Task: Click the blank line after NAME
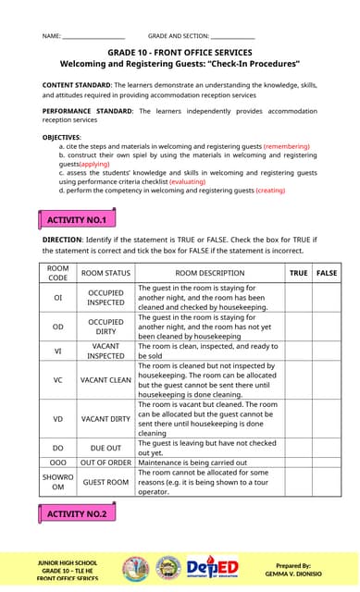pyautogui.click(x=93, y=36)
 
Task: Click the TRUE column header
pyautogui.click(x=298, y=273)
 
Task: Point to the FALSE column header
pyautogui.click(x=327, y=273)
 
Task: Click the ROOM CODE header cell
pyautogui.click(x=57, y=273)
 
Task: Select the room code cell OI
pyautogui.click(x=57, y=298)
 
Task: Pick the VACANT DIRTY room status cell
pyautogui.click(x=106, y=419)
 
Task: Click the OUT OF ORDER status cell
pyautogui.click(x=106, y=462)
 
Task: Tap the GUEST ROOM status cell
pyautogui.click(x=106, y=482)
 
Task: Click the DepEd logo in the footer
pyautogui.click(x=214, y=567)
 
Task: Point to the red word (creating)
pyautogui.click(x=270, y=190)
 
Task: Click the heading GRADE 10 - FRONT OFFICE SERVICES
pyautogui.click(x=180, y=54)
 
